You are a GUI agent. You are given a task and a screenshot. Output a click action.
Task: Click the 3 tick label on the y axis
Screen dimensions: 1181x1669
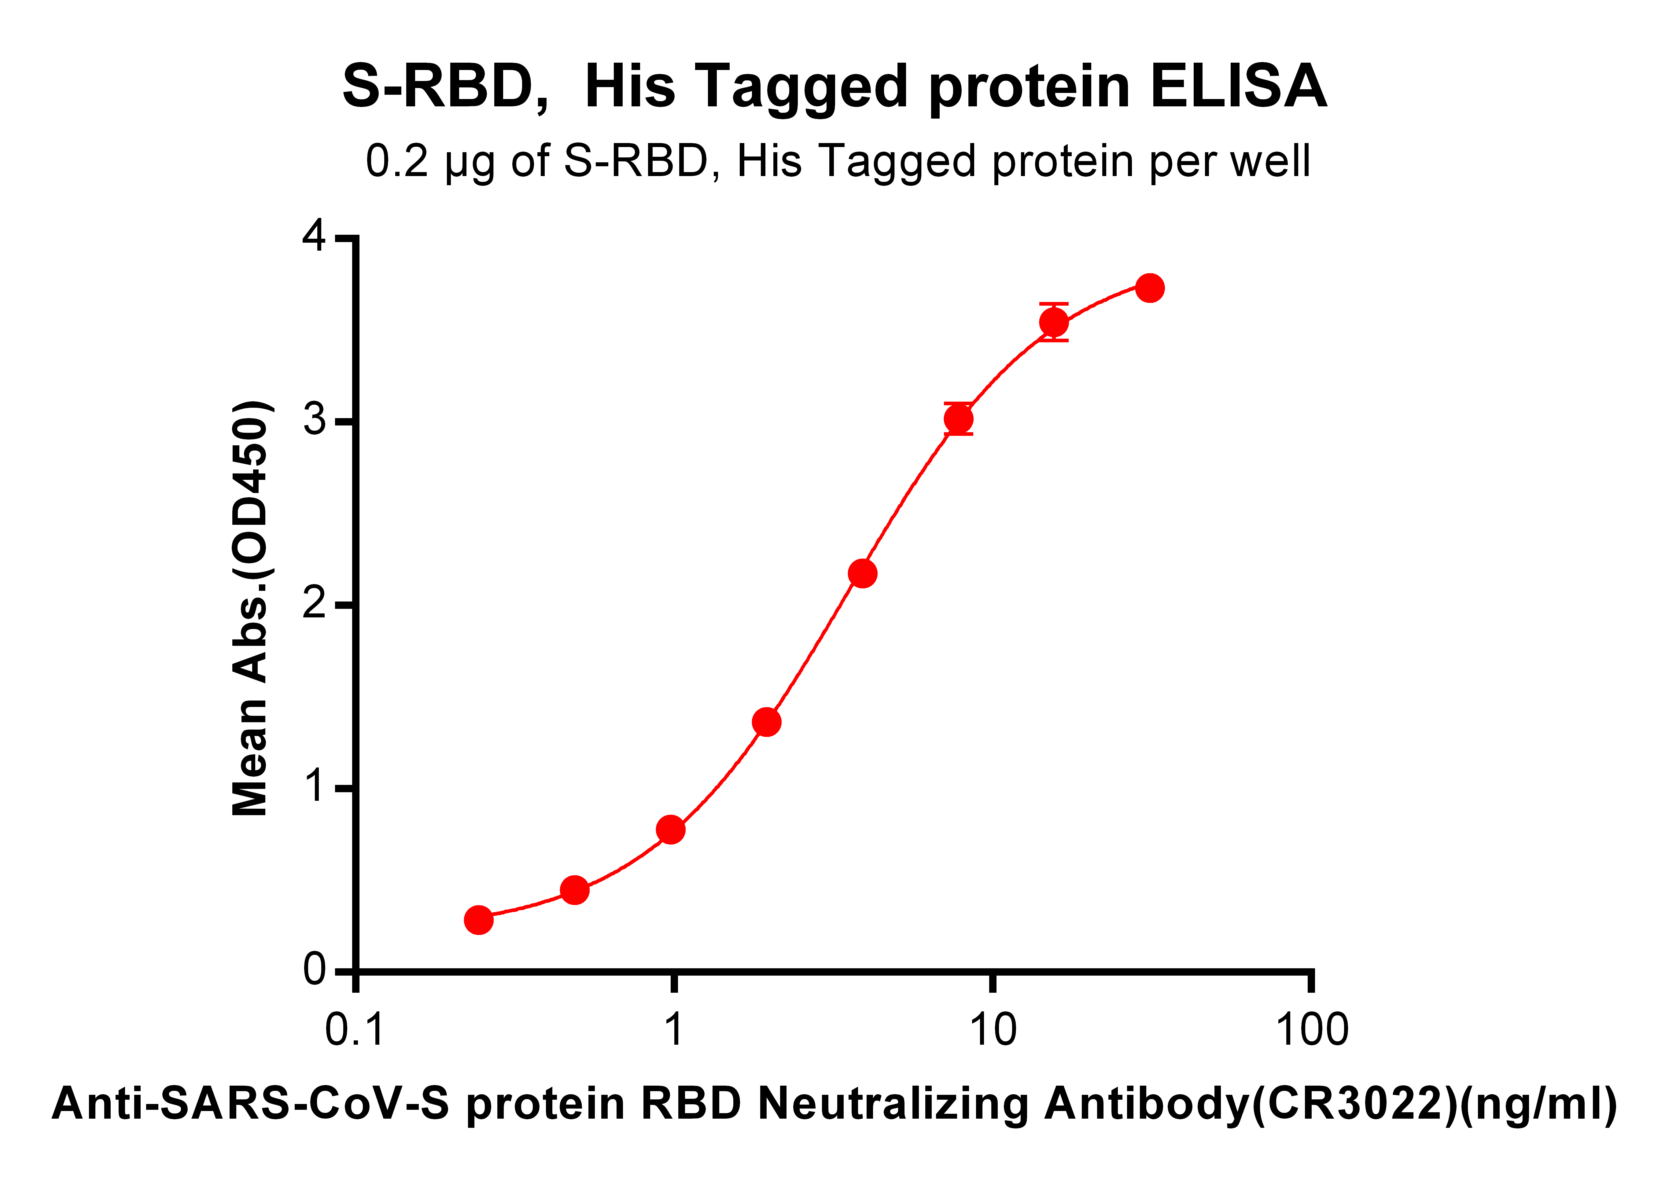[314, 420]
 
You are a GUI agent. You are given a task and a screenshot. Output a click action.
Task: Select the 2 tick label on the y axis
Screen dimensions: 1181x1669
[314, 604]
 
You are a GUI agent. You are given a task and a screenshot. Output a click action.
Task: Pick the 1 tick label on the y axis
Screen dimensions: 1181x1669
[314, 787]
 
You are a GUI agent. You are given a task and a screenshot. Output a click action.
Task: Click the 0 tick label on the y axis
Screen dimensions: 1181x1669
[314, 970]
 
